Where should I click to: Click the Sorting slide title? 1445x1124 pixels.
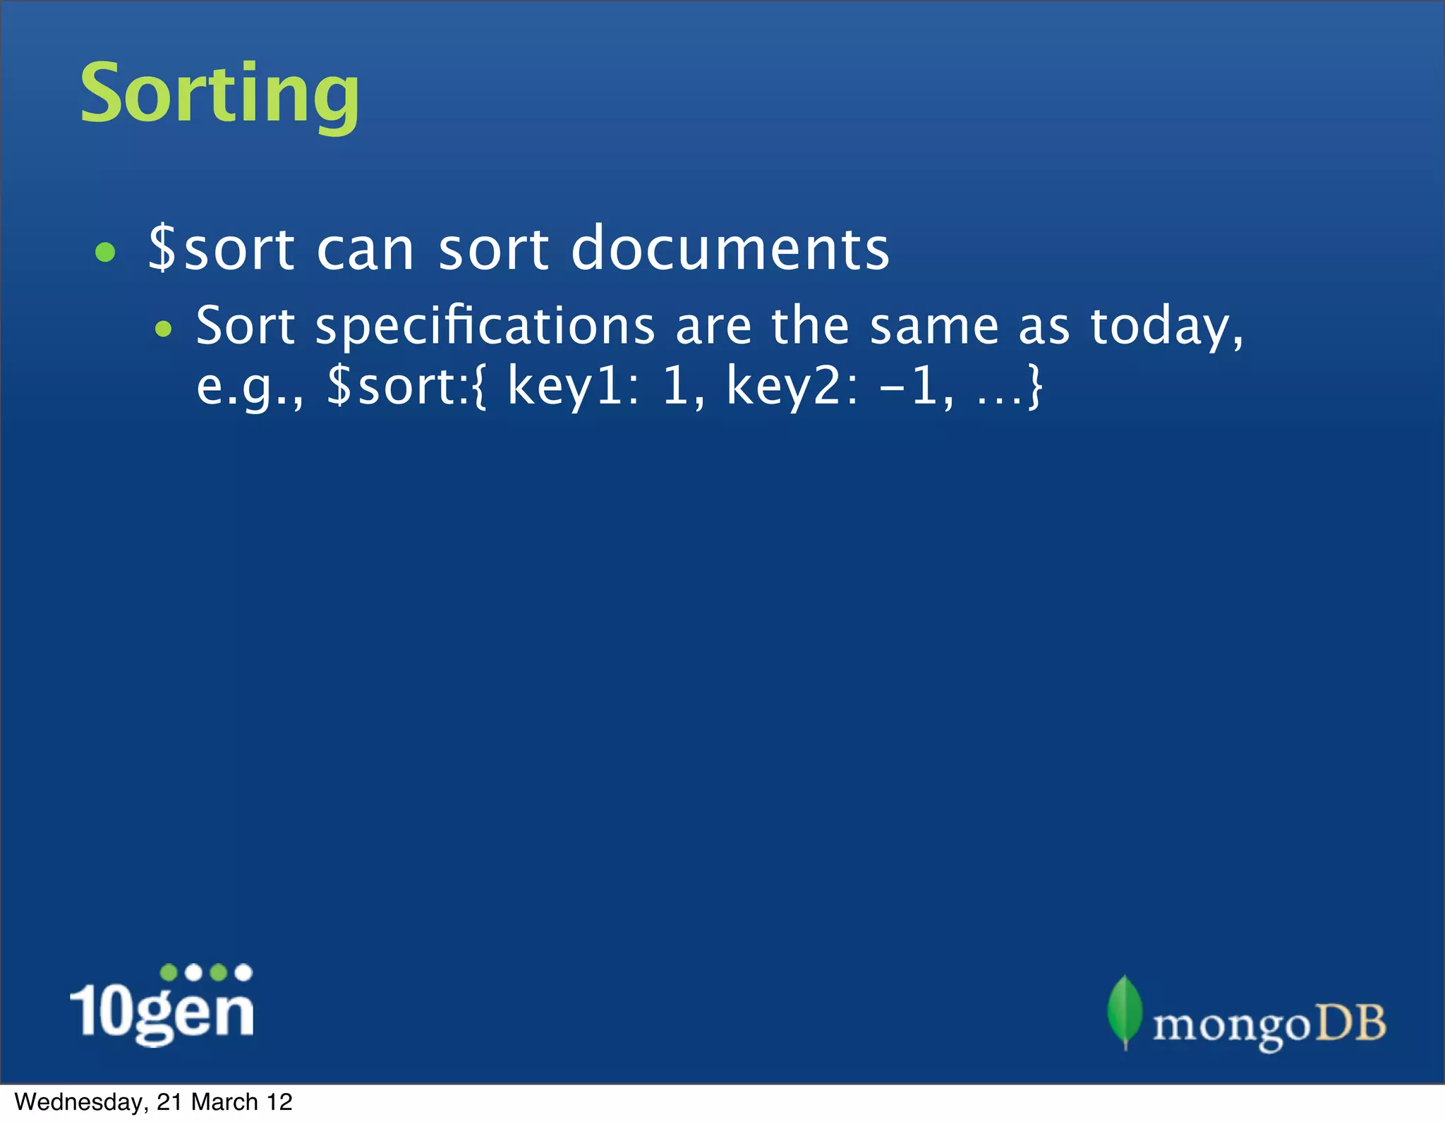tap(219, 94)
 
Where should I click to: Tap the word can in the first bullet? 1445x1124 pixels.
tap(365, 250)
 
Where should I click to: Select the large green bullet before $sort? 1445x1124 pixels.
tap(105, 252)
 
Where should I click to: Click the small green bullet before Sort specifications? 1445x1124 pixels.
tap(164, 328)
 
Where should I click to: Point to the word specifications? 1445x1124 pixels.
tap(485, 327)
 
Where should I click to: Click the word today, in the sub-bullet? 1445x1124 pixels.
tap(1166, 327)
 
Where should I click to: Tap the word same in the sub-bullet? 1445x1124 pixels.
tap(933, 327)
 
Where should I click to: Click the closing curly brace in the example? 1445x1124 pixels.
tap(1034, 387)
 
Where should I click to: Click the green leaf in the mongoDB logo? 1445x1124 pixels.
tap(1125, 1010)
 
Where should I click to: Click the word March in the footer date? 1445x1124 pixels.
tap(224, 1102)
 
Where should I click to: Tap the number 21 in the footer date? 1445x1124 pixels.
tap(170, 1102)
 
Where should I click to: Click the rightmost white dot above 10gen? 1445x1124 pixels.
tap(243, 972)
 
